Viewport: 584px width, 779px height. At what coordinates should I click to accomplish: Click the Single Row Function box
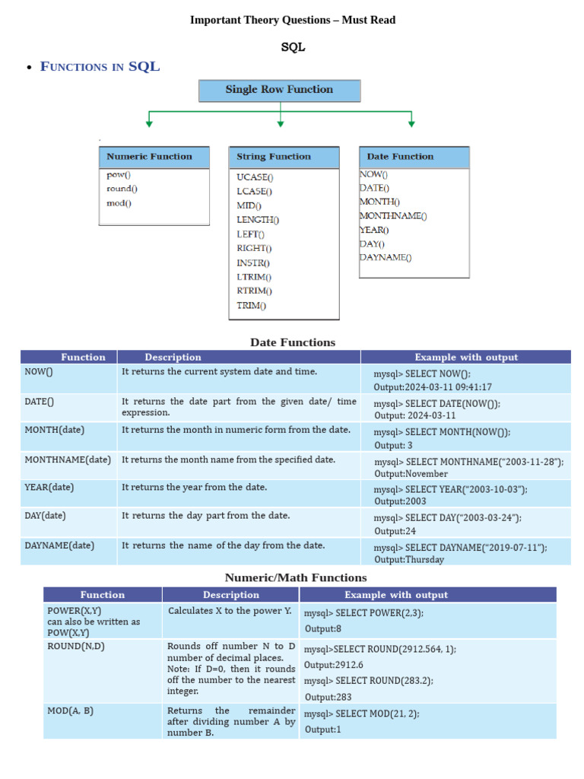(279, 90)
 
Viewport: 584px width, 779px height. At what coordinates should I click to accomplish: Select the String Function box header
(284, 157)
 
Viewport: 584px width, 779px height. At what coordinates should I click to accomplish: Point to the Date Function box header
(414, 157)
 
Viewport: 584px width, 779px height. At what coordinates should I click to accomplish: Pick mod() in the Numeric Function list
(119, 203)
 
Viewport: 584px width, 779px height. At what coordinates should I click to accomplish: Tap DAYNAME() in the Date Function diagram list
(386, 257)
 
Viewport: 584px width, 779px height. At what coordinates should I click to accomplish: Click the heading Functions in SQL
(100, 66)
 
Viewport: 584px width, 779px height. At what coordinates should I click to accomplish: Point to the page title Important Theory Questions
(292, 20)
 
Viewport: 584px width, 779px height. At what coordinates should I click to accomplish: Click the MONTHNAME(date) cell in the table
(68, 459)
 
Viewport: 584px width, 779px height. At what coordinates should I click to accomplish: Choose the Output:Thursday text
(409, 559)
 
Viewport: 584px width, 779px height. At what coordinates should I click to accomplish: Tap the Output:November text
(411, 473)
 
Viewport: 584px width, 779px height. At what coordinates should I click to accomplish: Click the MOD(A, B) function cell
(71, 711)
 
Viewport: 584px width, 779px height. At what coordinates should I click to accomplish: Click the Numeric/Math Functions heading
(296, 577)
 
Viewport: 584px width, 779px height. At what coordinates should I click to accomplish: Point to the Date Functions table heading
(293, 342)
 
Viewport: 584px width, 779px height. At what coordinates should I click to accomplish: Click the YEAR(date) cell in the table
(49, 487)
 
